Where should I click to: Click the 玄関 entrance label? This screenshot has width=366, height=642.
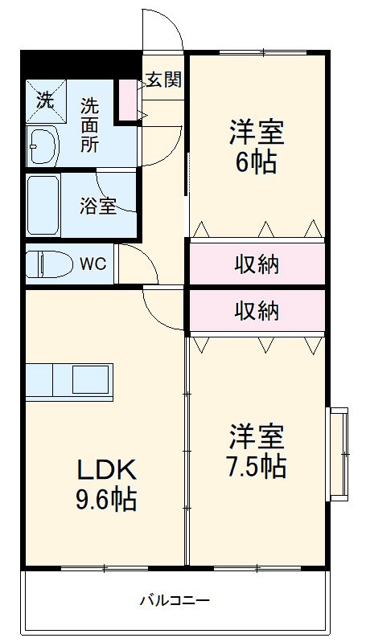[x=163, y=80]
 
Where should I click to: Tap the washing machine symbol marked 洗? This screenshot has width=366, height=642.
[x=45, y=101]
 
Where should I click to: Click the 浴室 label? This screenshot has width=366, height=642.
[x=97, y=206]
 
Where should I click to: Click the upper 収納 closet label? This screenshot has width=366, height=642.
[x=257, y=264]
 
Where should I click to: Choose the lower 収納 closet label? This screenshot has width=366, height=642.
[x=257, y=310]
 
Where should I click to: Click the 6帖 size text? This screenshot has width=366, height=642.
[x=257, y=163]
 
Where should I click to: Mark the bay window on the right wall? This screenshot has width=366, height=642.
[x=339, y=452]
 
